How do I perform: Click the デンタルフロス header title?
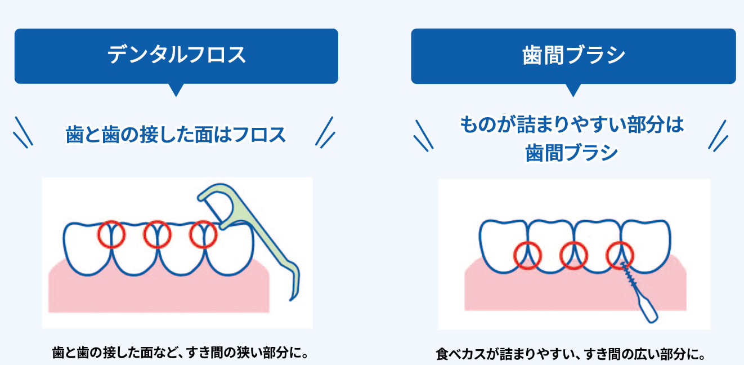pyautogui.click(x=176, y=55)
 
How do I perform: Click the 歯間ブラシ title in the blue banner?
pyautogui.click(x=573, y=55)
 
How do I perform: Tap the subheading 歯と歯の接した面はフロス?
pyautogui.click(x=176, y=135)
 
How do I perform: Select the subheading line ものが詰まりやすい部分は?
pyautogui.click(x=572, y=124)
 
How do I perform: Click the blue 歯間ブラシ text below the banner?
pyautogui.click(x=571, y=153)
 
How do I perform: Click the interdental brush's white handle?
pyautogui.click(x=646, y=309)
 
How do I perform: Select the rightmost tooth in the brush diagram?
pyautogui.click(x=646, y=247)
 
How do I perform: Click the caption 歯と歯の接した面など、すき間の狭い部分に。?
pyautogui.click(x=180, y=353)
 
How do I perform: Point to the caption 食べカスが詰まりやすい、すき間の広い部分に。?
pyautogui.click(x=570, y=354)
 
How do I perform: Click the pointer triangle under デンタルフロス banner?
pyautogui.click(x=176, y=90)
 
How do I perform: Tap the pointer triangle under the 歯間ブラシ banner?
pyautogui.click(x=573, y=90)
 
